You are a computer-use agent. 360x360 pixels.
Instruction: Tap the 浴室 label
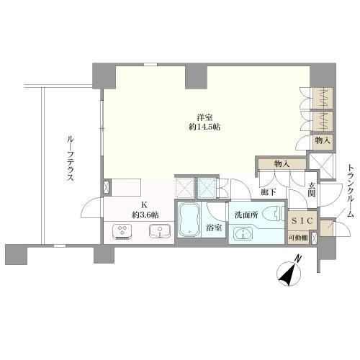pyautogui.click(x=214, y=228)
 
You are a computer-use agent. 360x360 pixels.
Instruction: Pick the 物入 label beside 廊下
pyautogui.click(x=281, y=164)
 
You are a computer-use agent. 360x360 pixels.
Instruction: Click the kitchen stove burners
pyautogui.click(x=122, y=231)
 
